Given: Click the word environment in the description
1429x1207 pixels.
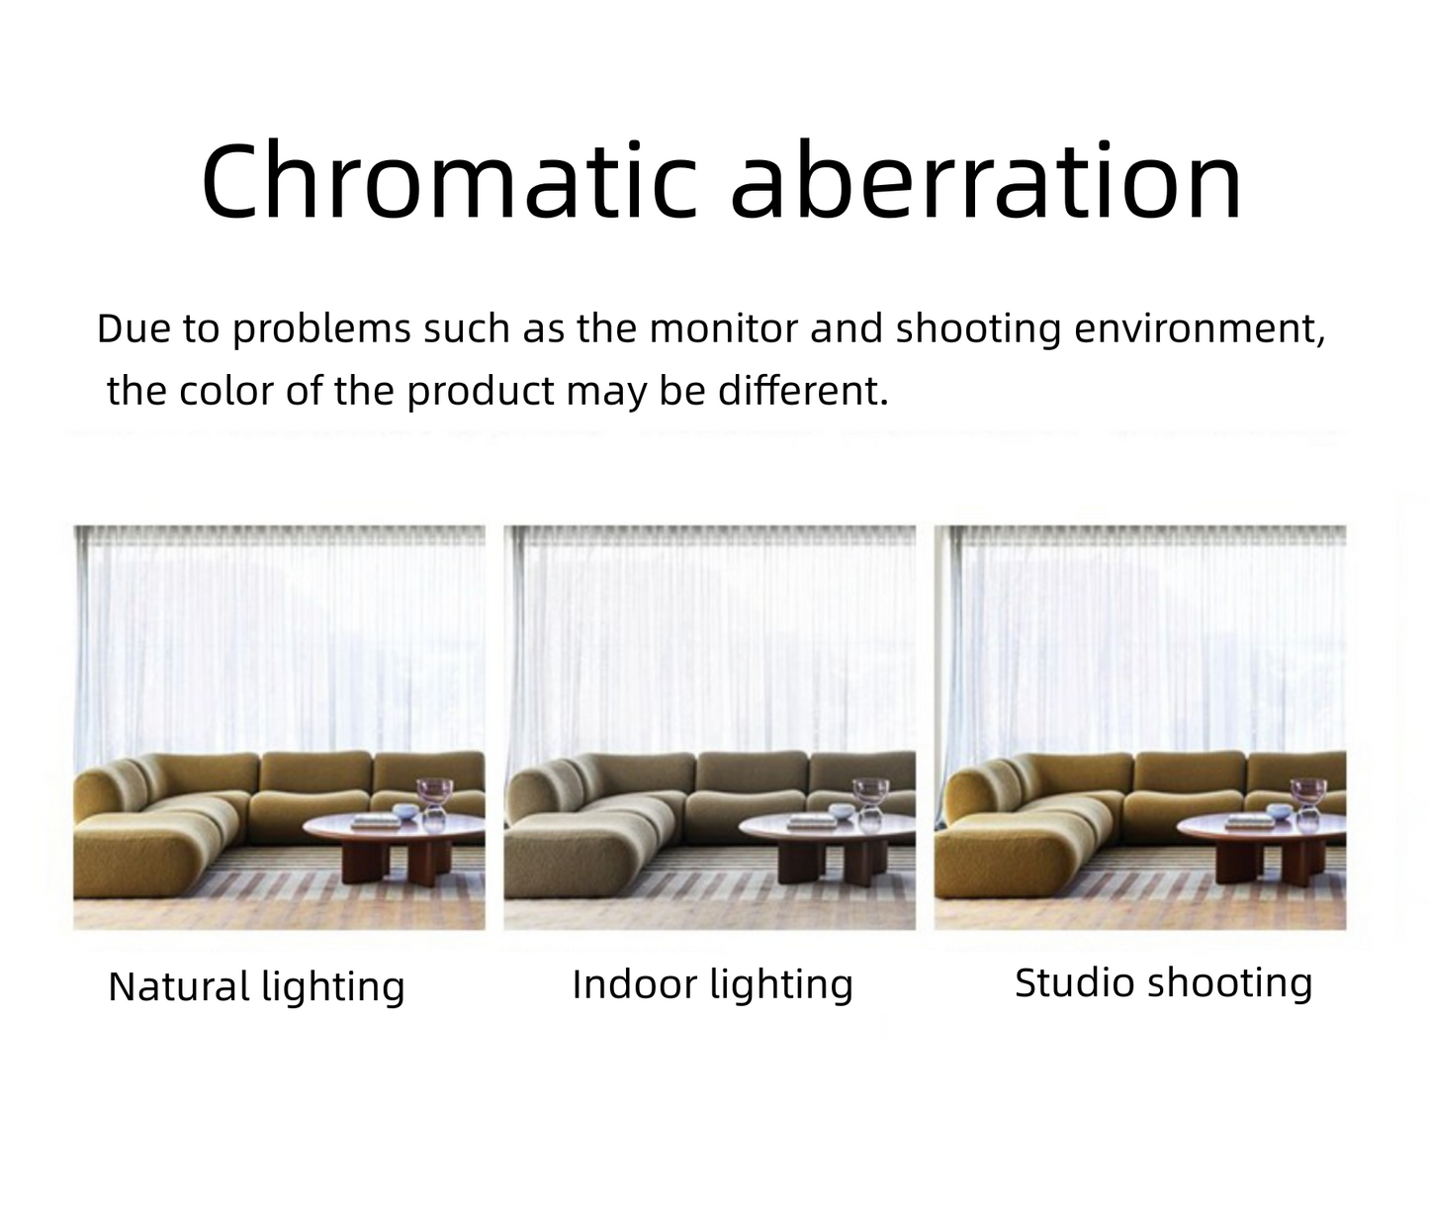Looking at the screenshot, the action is point(1199,329).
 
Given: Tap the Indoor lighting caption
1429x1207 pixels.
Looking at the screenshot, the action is point(712,985).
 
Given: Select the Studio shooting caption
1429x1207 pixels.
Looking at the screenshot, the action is point(1163,983).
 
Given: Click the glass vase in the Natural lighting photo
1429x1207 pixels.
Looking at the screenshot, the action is point(434,803).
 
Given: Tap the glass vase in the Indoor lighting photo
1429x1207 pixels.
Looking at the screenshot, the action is point(870,803).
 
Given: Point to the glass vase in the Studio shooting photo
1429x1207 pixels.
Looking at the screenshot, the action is point(1308,803).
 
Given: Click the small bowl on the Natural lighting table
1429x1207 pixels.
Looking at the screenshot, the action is point(405,811).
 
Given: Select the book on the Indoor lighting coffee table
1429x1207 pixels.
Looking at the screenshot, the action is point(812,821).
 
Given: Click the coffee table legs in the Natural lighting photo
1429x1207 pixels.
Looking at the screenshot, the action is point(397,863).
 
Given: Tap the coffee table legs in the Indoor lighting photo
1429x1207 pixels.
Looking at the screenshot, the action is point(833,863).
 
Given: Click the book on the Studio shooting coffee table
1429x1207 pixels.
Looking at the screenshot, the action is point(1250,821).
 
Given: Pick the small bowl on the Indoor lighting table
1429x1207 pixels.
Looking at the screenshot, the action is point(842,811).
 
